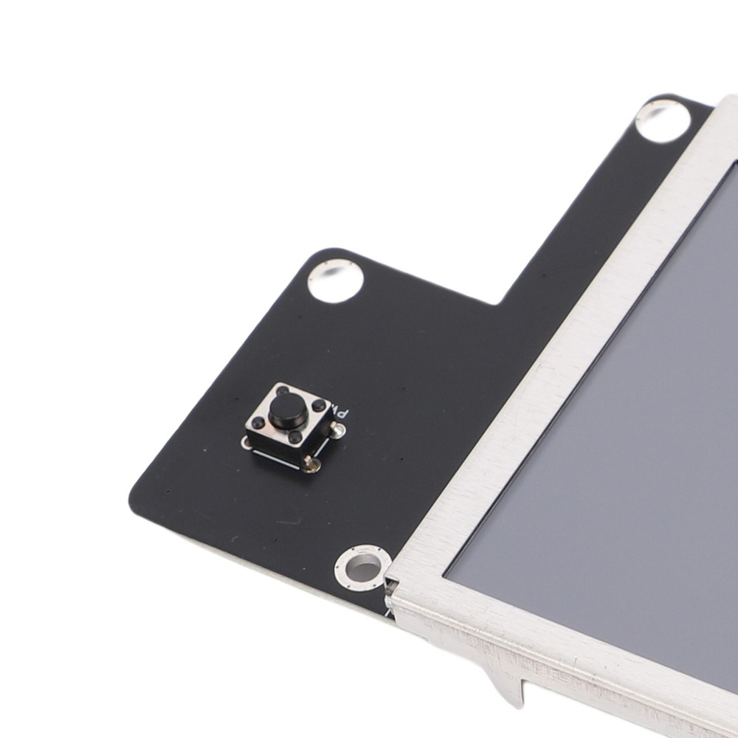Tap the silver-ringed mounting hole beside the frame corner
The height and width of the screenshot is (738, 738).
click(x=362, y=568)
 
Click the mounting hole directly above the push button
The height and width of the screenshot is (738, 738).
click(x=337, y=282)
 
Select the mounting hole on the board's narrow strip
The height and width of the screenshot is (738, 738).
click(x=662, y=121)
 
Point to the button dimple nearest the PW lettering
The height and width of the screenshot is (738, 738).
click(x=318, y=406)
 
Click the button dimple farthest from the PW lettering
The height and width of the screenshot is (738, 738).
click(x=258, y=423)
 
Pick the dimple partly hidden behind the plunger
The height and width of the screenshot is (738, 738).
click(x=283, y=390)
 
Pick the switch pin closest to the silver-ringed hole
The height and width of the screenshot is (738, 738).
click(x=311, y=464)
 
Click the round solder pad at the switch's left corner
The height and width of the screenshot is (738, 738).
click(x=246, y=441)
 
